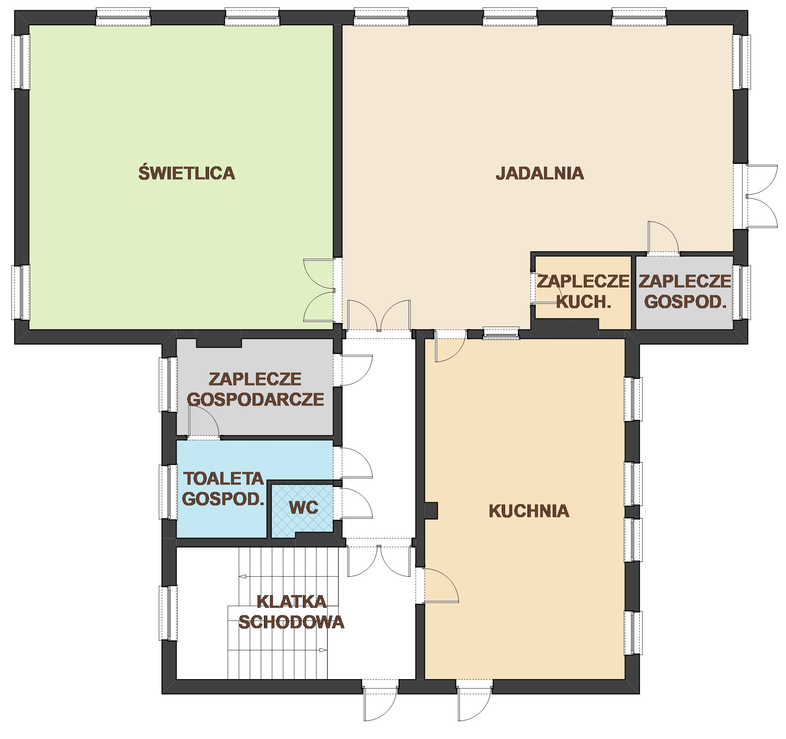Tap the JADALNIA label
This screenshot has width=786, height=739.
[x=540, y=173]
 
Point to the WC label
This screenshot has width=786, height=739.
[x=304, y=508]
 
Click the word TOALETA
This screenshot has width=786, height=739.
[x=224, y=479]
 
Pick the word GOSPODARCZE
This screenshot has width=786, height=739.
[x=256, y=399]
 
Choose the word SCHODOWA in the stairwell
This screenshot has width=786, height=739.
[x=291, y=622]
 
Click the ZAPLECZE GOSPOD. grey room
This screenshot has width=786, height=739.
[x=684, y=292]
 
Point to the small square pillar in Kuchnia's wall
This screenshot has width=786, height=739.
[x=431, y=510]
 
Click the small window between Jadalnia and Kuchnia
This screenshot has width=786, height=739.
[x=501, y=333]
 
